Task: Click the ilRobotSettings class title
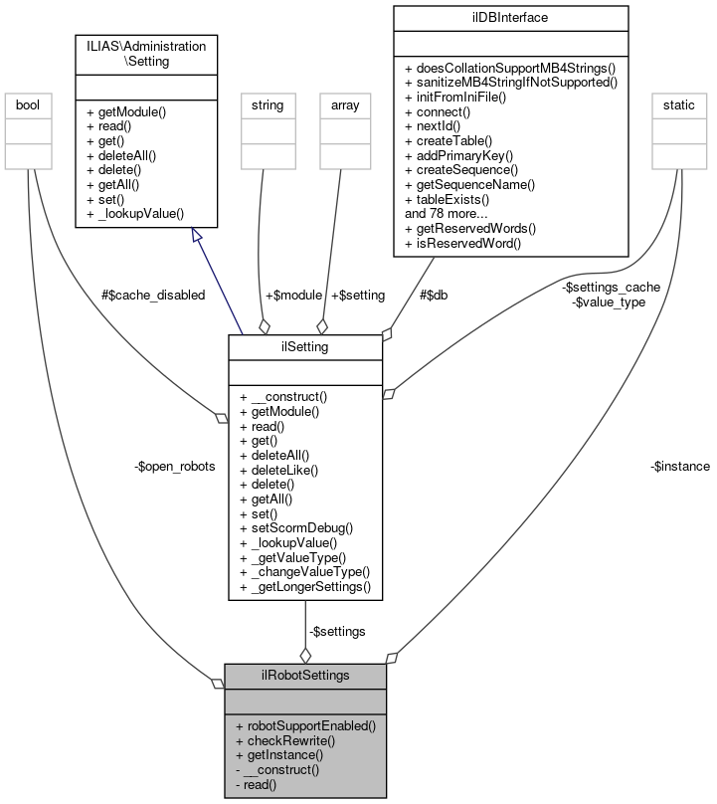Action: coord(304,676)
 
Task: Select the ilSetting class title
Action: coord(304,346)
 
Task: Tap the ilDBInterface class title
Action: coord(511,17)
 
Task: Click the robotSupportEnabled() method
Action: coord(305,725)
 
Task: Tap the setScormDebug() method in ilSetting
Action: coord(296,527)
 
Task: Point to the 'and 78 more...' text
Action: coord(447,213)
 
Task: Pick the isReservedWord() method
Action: coord(463,243)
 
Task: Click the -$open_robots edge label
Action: coord(174,466)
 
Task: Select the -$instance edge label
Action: coord(680,466)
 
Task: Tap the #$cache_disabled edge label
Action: coord(153,295)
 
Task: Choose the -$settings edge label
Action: coord(337,631)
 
